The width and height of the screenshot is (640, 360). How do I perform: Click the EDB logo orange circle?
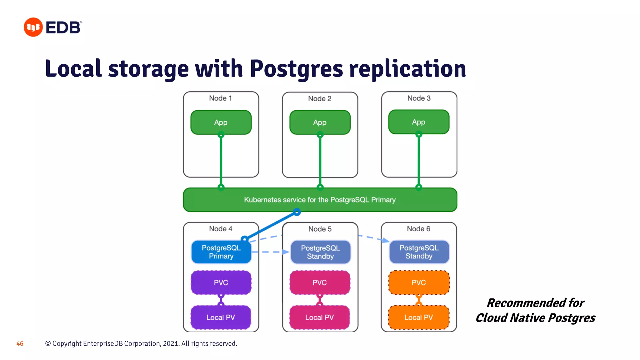(x=33, y=27)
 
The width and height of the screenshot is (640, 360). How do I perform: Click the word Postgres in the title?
(x=296, y=69)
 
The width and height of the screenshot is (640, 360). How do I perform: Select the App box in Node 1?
(x=221, y=122)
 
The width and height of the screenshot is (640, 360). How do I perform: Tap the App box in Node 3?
(x=418, y=122)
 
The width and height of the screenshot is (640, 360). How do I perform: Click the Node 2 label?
(x=319, y=99)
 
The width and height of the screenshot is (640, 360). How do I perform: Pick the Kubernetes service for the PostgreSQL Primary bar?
(x=320, y=200)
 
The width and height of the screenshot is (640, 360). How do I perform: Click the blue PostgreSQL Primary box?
(x=221, y=252)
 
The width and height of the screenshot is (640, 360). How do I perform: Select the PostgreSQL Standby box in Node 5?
(x=320, y=252)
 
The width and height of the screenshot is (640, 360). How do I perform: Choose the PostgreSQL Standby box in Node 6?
(x=419, y=252)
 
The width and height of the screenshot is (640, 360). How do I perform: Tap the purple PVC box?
(x=221, y=282)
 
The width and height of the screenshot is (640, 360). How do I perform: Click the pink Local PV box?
(x=319, y=317)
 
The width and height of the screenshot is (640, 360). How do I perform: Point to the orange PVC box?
(x=419, y=282)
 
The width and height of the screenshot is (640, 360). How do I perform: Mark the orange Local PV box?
(x=418, y=317)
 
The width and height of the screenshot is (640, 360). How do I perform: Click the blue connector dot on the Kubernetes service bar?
(x=297, y=212)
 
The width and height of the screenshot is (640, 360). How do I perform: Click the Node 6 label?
(x=418, y=229)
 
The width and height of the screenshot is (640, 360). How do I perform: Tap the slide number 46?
(x=20, y=344)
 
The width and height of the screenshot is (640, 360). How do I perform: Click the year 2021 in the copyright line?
(x=171, y=343)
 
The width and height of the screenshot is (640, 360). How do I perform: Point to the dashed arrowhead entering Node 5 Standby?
(x=286, y=252)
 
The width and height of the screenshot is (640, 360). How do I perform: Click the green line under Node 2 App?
(x=320, y=161)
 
